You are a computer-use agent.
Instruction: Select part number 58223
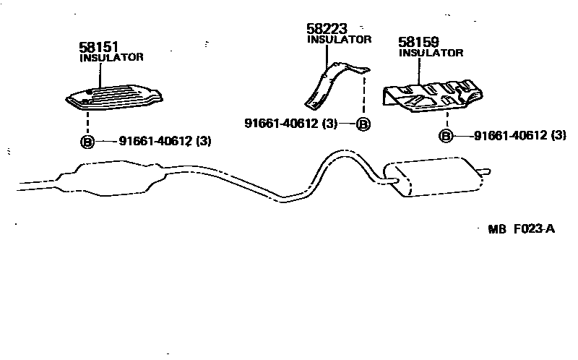pos(327,29)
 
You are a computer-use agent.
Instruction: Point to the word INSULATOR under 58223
pos(339,40)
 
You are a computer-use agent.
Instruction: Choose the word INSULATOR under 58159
pos(431,53)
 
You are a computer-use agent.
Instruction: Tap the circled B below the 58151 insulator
pos(87,142)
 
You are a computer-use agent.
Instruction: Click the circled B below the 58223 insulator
pos(363,124)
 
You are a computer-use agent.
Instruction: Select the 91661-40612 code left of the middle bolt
pos(281,124)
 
